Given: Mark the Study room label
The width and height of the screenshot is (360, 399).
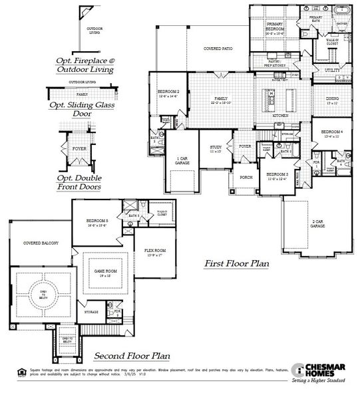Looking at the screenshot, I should [x=216, y=149].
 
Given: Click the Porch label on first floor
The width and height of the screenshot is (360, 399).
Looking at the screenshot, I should [x=244, y=178].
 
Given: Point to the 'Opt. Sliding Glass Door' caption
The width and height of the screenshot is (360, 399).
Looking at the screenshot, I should [x=80, y=109].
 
